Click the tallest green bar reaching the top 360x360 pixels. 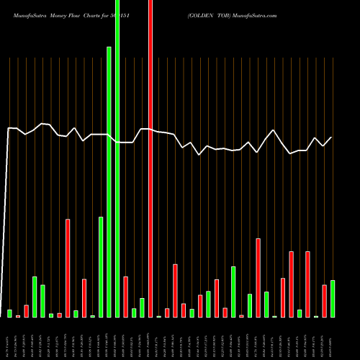[117, 158]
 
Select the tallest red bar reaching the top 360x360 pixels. [150, 158]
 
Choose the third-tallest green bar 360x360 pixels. [101, 266]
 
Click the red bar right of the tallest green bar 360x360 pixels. [125, 297]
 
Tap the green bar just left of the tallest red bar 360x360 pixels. [142, 307]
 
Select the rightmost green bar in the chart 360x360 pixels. [333, 298]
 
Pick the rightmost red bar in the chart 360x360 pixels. [324, 301]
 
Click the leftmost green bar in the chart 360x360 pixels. [10, 313]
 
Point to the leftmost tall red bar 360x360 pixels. [68, 268]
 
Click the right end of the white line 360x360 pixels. [332, 137]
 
